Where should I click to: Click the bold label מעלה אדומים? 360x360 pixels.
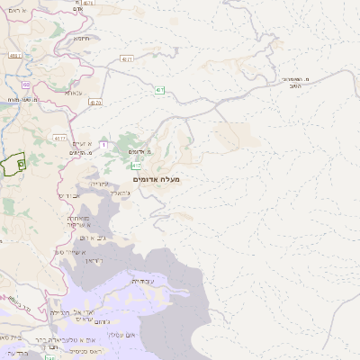coord(157,180)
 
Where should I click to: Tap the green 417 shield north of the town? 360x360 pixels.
coord(158,90)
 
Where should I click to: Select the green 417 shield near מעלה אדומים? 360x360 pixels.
coord(136,166)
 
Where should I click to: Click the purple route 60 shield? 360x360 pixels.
coord(25,85)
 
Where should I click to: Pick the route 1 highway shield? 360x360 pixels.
coord(103,144)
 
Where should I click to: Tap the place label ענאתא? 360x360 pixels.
coord(75,93)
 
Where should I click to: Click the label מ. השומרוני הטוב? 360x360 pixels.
coord(294,84)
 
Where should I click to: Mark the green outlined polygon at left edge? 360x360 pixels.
coord(12,164)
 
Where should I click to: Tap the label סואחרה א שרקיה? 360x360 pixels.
coord(77,221)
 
